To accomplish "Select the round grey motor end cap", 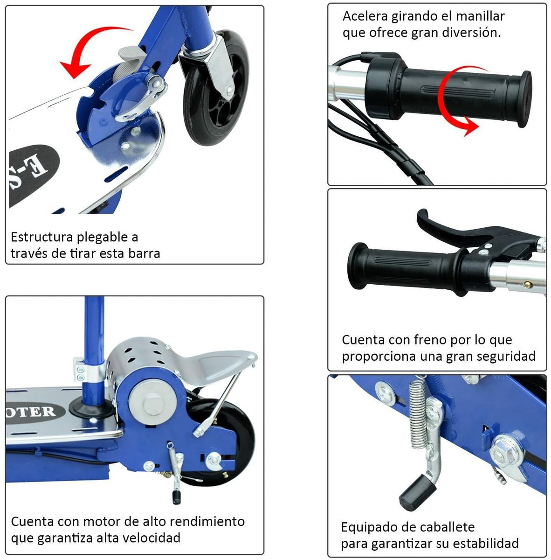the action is pyautogui.click(x=152, y=402).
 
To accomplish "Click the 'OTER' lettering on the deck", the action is pyautogui.click(x=30, y=412).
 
